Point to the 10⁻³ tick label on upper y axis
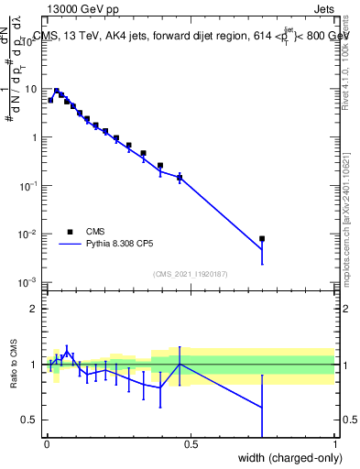click(28, 282)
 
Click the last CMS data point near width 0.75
click(262, 239)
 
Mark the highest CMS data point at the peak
click(57, 92)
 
